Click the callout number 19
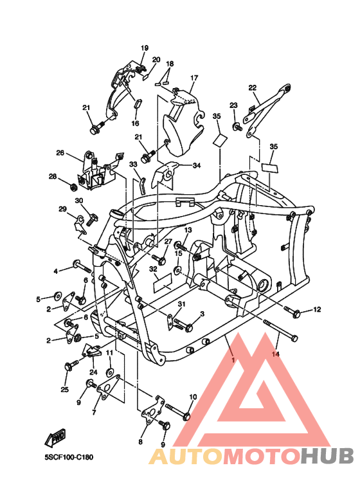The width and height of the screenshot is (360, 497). point(145,48)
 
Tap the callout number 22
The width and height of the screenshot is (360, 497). point(253,88)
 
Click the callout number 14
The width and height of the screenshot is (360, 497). point(276,354)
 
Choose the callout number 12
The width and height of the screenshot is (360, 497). point(316,311)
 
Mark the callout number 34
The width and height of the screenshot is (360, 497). point(197,165)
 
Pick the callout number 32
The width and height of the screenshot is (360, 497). point(153,269)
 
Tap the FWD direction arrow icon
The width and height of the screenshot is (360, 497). point(55,439)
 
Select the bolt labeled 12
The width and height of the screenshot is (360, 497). point(295,312)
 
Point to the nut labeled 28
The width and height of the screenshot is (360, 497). point(73,187)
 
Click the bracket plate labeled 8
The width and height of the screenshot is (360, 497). point(150,412)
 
